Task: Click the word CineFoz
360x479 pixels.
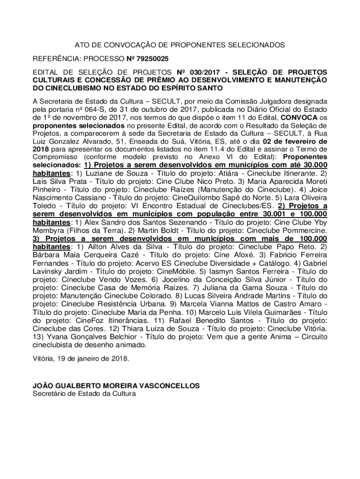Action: (x=65, y=321)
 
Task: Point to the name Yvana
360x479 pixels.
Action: (x=56, y=337)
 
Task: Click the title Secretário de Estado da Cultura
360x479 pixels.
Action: (x=84, y=394)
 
